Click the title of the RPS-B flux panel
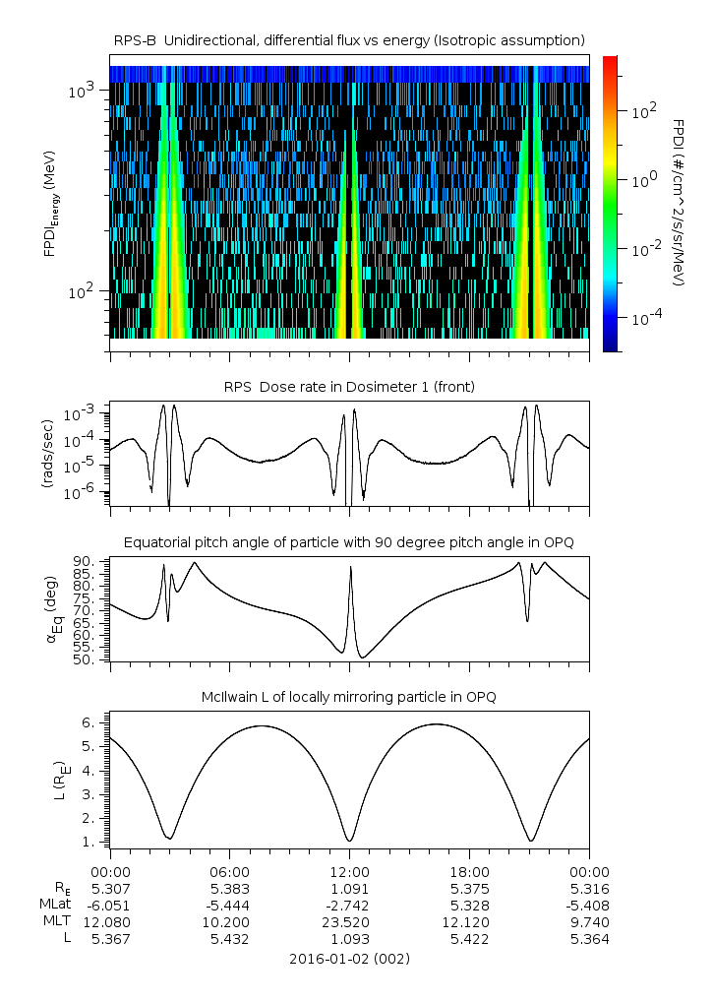349,39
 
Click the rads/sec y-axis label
47,454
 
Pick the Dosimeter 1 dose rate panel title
349,387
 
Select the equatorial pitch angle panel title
349,542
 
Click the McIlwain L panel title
349,697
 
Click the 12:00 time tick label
349,871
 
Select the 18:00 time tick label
469,871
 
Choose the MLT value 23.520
349,921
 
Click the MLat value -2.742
349,905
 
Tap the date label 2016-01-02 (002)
349,958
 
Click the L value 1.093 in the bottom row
349,939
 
